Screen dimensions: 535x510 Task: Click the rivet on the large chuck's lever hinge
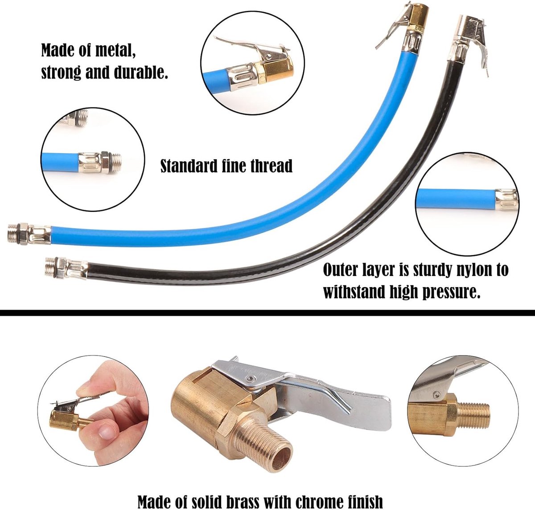[x=249, y=379]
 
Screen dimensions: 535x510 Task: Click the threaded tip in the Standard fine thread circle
[x=115, y=162]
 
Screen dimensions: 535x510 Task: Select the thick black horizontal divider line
[x=267, y=313]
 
